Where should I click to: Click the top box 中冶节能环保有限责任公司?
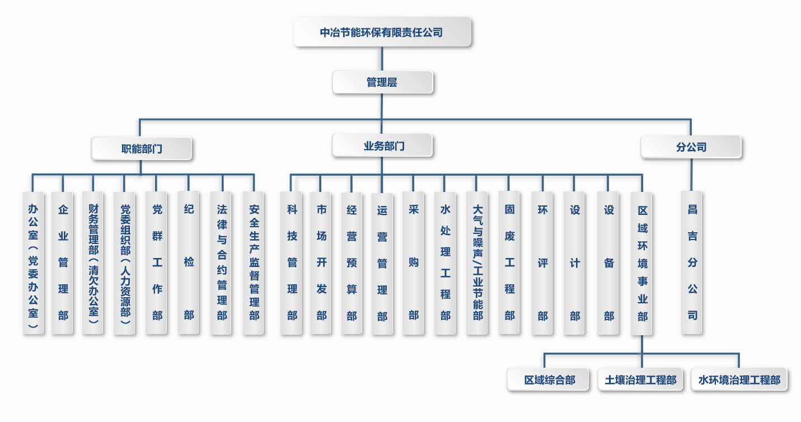point(382,32)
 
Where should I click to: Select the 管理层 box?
point(382,82)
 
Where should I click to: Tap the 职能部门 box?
point(142,149)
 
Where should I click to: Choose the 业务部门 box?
point(382,146)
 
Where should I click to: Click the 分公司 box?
point(691,147)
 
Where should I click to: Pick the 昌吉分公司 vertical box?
point(692,263)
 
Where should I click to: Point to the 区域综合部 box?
point(549,380)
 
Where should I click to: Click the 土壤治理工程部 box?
point(640,380)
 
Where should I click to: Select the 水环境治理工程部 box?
point(739,380)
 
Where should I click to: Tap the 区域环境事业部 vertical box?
point(641,263)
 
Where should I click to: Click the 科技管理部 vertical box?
point(291,263)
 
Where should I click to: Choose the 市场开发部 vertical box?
point(321,263)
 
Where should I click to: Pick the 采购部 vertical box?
point(413,263)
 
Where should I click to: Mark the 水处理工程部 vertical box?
point(445,263)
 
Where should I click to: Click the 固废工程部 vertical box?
point(509,263)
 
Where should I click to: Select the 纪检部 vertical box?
point(189,263)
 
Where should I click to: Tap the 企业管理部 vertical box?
point(63,263)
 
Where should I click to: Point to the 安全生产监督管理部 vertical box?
point(254,263)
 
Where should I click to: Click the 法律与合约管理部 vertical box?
point(222,263)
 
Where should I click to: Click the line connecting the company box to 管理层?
point(382,59)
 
